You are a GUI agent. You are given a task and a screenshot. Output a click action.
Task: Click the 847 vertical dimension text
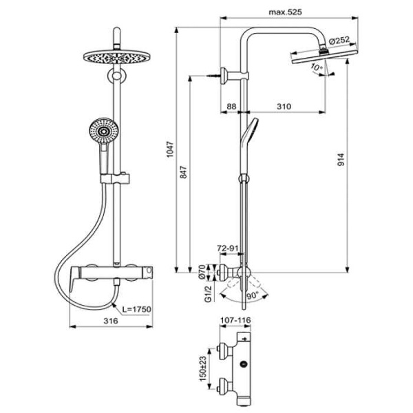click(183, 175)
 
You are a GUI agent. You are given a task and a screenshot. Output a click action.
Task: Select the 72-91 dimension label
click(229, 246)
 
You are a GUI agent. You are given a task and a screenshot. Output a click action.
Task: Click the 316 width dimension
click(109, 321)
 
